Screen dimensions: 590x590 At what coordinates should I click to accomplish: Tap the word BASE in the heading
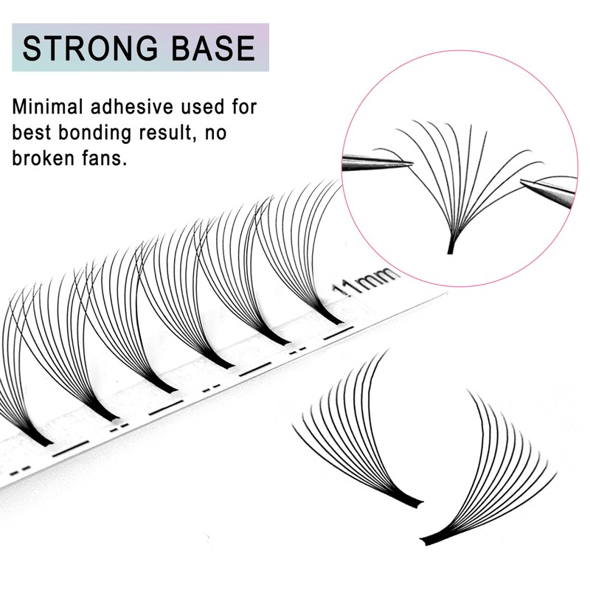(x=215, y=48)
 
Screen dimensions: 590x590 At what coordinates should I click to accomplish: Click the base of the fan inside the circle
(x=449, y=248)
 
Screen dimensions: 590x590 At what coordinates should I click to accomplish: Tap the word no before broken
(x=243, y=133)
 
